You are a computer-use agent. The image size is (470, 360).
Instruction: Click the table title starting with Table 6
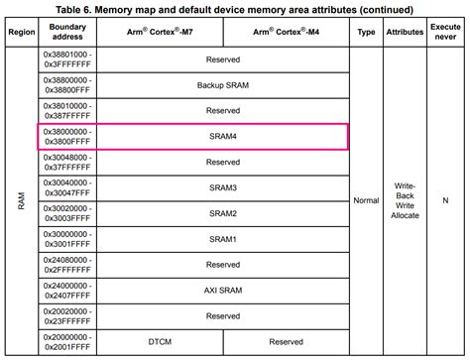click(x=236, y=9)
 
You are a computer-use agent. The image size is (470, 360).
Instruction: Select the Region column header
click(x=20, y=33)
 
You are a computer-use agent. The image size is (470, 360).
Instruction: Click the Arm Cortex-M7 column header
click(x=162, y=33)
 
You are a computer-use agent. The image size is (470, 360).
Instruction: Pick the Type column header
click(x=365, y=33)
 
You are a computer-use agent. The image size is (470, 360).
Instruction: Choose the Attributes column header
click(x=404, y=33)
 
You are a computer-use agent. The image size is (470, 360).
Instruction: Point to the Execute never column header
click(x=446, y=33)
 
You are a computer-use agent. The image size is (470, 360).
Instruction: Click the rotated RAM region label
click(x=20, y=201)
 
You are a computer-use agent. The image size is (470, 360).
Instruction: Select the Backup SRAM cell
click(x=223, y=85)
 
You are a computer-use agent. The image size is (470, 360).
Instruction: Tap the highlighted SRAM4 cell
click(x=223, y=136)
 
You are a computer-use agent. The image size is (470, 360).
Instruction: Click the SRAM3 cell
click(x=223, y=187)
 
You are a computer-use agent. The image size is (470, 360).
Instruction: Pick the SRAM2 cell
click(x=223, y=213)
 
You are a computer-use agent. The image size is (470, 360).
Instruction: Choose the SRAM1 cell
click(x=223, y=239)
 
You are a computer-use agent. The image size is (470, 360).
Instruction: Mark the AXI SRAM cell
click(x=223, y=291)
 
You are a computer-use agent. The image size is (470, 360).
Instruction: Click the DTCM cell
click(x=162, y=341)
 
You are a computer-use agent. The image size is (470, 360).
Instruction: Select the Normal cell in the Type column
click(x=365, y=201)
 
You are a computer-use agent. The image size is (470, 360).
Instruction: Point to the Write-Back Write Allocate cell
click(x=404, y=201)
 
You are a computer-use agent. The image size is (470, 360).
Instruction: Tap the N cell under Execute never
click(x=446, y=201)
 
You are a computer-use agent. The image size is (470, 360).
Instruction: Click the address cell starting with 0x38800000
click(x=67, y=85)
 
